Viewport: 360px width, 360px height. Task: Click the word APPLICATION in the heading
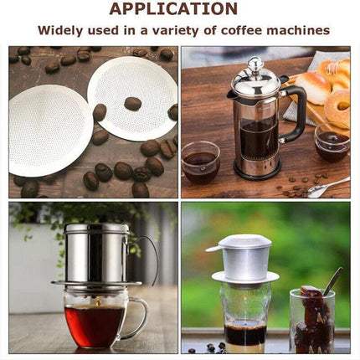coord(173,9)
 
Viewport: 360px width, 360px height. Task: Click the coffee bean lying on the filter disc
coord(132,103)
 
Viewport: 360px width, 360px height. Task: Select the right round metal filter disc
coord(134,96)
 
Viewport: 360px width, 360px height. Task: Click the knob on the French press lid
coord(255,64)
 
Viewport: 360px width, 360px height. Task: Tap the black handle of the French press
coord(295,109)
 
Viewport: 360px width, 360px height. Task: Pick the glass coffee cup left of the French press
coord(201,162)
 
